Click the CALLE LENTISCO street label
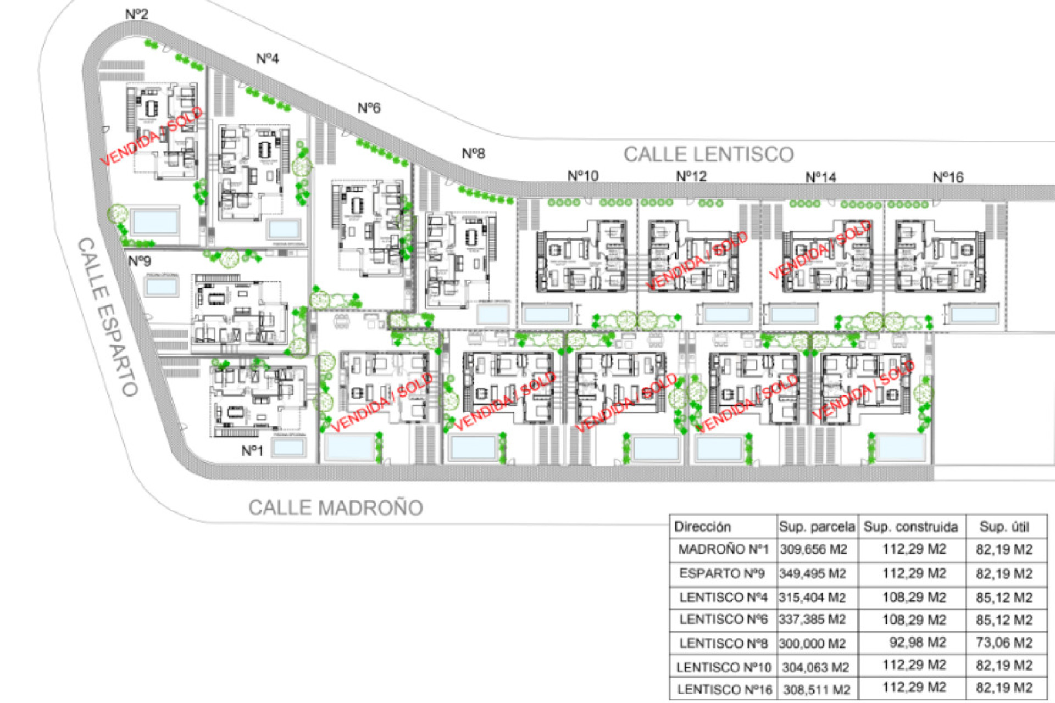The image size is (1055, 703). [x=708, y=154]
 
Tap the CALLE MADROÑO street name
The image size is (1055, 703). [x=336, y=507]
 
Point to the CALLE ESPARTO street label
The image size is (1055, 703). [x=107, y=317]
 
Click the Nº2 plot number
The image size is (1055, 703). [x=137, y=14]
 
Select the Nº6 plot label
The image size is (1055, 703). [x=369, y=108]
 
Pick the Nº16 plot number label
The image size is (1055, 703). [x=948, y=177]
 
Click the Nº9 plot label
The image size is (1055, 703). [x=140, y=260]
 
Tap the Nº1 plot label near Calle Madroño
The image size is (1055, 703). [x=252, y=451]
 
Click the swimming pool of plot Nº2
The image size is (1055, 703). [x=155, y=222]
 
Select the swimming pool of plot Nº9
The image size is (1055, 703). [x=162, y=286]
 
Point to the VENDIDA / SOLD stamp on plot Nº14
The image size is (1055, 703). [x=820, y=249]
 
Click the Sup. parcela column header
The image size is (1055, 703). [x=817, y=527]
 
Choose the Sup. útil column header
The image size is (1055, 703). [x=1004, y=527]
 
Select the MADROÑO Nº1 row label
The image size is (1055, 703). [x=723, y=549]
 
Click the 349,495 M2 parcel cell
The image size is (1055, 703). [x=812, y=574]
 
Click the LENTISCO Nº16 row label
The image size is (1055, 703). [x=724, y=689]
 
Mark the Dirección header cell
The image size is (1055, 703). [x=702, y=527]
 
